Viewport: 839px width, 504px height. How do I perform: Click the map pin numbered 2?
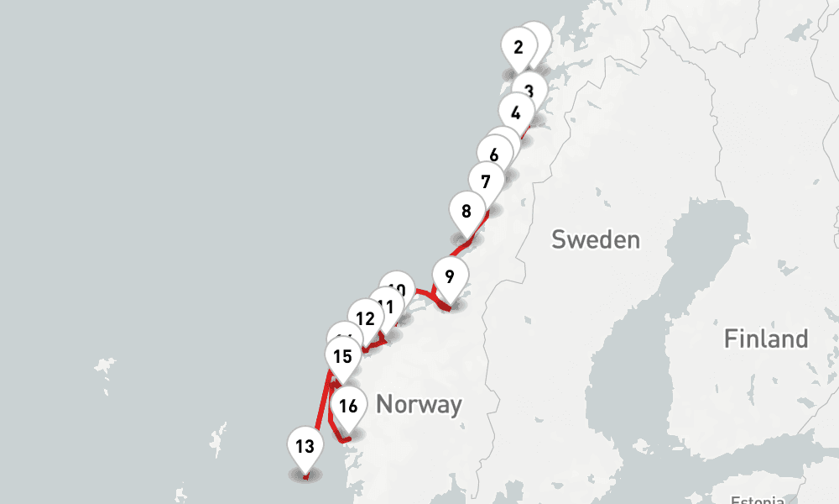tap(518, 47)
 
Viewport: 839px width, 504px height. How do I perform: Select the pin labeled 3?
tap(529, 91)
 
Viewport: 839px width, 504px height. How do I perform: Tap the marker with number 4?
tap(515, 113)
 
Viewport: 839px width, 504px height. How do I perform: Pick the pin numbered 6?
tap(494, 155)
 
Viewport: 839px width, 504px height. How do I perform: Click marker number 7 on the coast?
tap(486, 181)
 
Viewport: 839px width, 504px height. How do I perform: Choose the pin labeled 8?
tap(466, 212)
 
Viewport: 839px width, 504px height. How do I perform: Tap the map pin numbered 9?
tap(450, 276)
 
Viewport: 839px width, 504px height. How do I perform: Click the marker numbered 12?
tap(365, 318)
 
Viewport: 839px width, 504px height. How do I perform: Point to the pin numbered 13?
tap(305, 445)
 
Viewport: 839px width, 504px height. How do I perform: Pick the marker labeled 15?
tap(342, 356)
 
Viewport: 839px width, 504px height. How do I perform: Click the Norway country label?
tap(419, 404)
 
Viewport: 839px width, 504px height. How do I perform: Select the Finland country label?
tap(766, 339)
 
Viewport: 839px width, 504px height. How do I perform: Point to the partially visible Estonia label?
tap(757, 500)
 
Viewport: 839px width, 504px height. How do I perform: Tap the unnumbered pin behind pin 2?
tap(537, 38)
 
